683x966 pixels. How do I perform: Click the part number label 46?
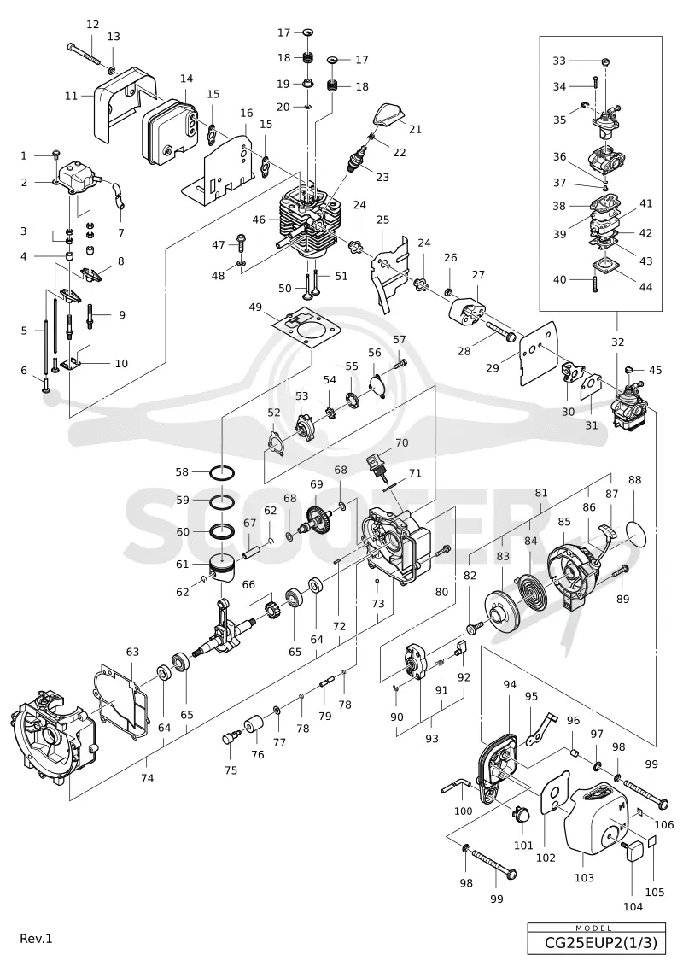point(259,219)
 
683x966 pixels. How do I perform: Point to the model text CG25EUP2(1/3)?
point(596,943)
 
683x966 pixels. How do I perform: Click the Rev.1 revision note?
point(37,939)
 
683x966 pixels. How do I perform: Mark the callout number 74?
point(147,778)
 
